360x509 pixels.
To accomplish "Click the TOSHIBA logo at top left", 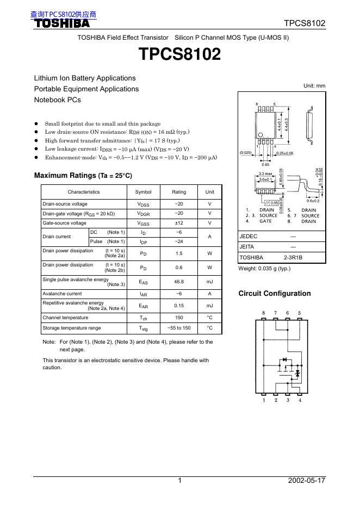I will (63, 23).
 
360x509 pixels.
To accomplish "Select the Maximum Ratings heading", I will (83, 176).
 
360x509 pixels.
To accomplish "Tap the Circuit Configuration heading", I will (275, 294).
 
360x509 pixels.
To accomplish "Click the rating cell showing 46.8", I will (179, 282).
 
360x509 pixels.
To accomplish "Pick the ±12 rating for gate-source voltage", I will (179, 223).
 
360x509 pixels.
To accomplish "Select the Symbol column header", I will (143, 192).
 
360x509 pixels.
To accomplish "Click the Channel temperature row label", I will (65, 318).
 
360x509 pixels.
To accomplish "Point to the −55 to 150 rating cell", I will (179, 328).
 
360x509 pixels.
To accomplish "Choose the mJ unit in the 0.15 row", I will (209, 306).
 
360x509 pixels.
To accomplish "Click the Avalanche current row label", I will (62, 294).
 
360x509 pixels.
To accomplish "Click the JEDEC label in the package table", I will (249, 237).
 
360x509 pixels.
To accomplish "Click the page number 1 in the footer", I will (179, 481).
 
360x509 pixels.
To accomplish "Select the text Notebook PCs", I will (58, 100).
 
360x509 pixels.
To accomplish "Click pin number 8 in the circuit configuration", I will (264, 313).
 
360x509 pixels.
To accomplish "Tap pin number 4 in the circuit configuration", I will (300, 401).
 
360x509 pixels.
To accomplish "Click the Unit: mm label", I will (314, 86).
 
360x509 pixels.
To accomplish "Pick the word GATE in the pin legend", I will (265, 221).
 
